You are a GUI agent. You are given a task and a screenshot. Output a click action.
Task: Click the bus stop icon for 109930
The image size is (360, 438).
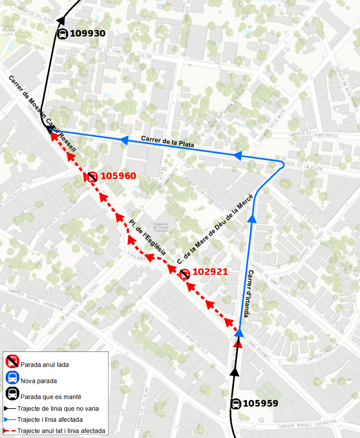[x=62, y=34]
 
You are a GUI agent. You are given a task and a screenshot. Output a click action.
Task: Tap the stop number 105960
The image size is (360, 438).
[x=118, y=176]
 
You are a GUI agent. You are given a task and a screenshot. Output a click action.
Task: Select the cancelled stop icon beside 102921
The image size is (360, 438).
[x=184, y=274]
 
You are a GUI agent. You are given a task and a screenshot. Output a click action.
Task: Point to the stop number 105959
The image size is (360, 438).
[x=261, y=403]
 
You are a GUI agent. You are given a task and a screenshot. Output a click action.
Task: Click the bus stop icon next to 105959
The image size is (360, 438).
[x=236, y=404]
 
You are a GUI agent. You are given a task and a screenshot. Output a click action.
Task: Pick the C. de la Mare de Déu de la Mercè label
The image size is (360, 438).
[x=215, y=228]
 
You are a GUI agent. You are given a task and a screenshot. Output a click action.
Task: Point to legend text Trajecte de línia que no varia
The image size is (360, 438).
[x=58, y=408]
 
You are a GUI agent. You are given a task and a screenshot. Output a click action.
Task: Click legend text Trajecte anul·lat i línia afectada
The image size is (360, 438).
[x=61, y=431]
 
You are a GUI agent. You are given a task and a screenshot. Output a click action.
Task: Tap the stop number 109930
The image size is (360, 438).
[x=88, y=33]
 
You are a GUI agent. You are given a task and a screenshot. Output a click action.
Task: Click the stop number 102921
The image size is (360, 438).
[x=210, y=272]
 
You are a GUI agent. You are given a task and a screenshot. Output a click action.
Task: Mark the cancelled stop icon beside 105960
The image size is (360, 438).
[x=92, y=177]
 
